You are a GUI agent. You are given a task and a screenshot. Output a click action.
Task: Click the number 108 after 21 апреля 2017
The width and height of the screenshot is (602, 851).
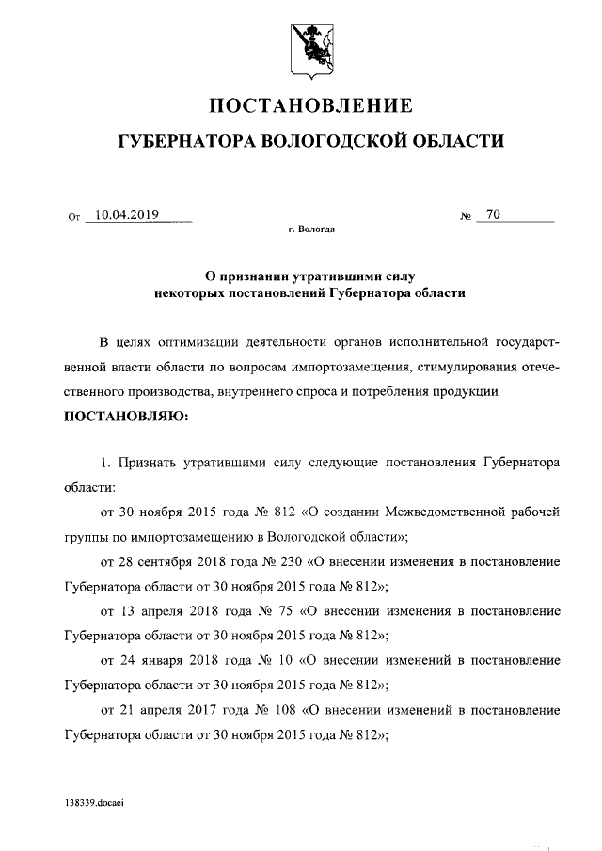285,708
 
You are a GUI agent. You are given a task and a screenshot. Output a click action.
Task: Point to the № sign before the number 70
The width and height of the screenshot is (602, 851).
465,216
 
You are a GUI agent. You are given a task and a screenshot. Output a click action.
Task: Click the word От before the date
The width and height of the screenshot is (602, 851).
75,217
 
